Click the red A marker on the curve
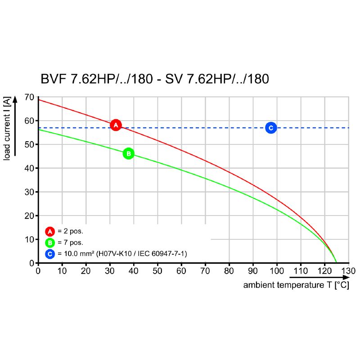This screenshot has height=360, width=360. click(x=116, y=125)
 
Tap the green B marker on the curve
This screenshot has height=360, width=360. click(x=128, y=153)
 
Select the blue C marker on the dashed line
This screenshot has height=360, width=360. click(x=270, y=128)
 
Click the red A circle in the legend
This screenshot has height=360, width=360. click(x=50, y=231)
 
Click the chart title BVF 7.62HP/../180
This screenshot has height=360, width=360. click(x=155, y=79)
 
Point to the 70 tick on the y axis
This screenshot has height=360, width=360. click(x=29, y=97)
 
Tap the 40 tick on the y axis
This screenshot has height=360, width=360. click(x=29, y=168)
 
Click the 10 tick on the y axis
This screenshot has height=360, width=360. click(x=29, y=239)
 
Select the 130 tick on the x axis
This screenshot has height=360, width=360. click(x=349, y=271)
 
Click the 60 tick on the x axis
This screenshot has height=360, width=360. click(x=181, y=271)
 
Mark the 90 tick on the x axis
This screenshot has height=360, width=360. click(x=253, y=271)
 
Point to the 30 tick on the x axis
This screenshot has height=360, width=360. click(x=110, y=271)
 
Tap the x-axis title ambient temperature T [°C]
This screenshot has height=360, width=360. click(x=296, y=285)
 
